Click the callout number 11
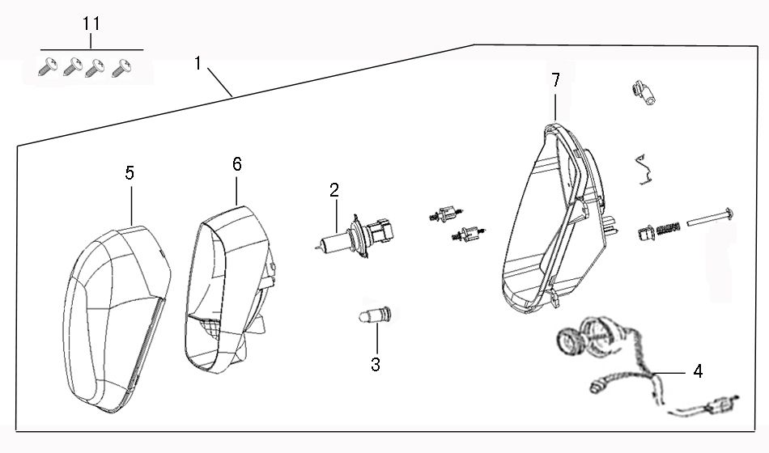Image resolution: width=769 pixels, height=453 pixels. pyautogui.click(x=91, y=23)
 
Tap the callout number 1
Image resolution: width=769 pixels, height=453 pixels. pyautogui.click(x=198, y=63)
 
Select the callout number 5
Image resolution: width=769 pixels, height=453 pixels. pyautogui.click(x=130, y=172)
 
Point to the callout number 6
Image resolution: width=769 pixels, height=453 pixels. pyautogui.click(x=236, y=164)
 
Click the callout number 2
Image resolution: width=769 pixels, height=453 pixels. pyautogui.click(x=334, y=191)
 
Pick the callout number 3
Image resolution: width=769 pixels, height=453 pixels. pyautogui.click(x=376, y=365)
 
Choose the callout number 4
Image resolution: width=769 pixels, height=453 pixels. pyautogui.click(x=698, y=371)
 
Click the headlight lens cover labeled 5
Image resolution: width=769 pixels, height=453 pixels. pyautogui.click(x=117, y=315)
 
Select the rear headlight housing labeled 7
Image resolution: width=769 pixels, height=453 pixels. pyautogui.click(x=550, y=226)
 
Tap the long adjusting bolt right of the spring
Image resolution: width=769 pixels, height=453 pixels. pyautogui.click(x=710, y=216)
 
